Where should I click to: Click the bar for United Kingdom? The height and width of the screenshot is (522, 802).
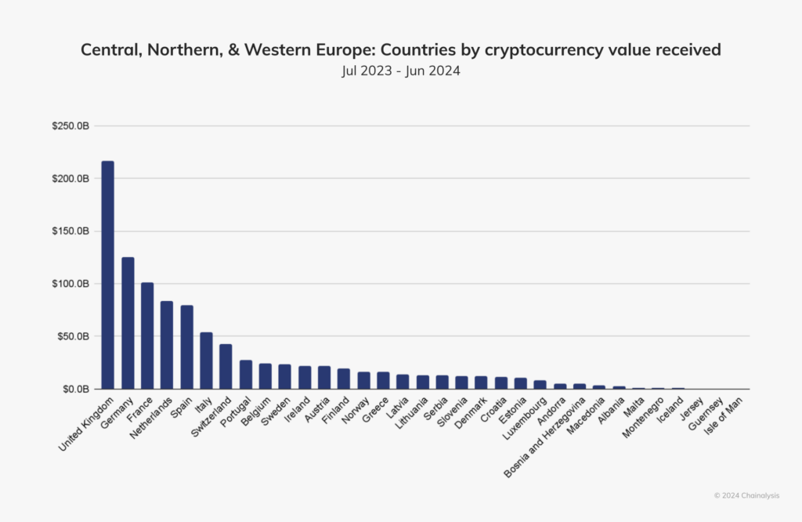(108, 275)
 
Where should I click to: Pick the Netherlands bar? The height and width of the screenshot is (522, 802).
(167, 345)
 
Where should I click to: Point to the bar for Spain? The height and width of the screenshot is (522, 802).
(186, 347)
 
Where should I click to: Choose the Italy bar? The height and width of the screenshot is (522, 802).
(206, 361)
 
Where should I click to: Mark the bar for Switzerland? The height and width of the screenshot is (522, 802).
(226, 366)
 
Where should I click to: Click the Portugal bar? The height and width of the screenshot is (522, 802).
(245, 375)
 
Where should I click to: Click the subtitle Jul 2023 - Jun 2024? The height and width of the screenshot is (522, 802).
(400, 70)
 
